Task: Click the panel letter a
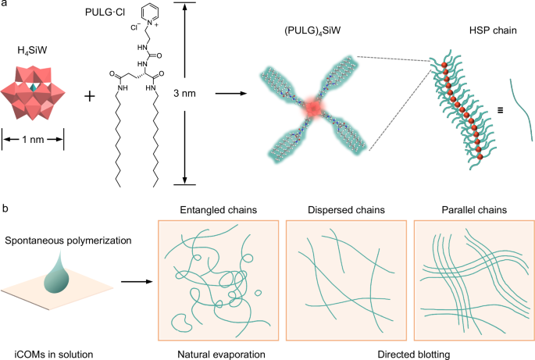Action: pos(5,7)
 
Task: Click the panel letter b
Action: pos(5,209)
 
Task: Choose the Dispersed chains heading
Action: pos(345,211)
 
